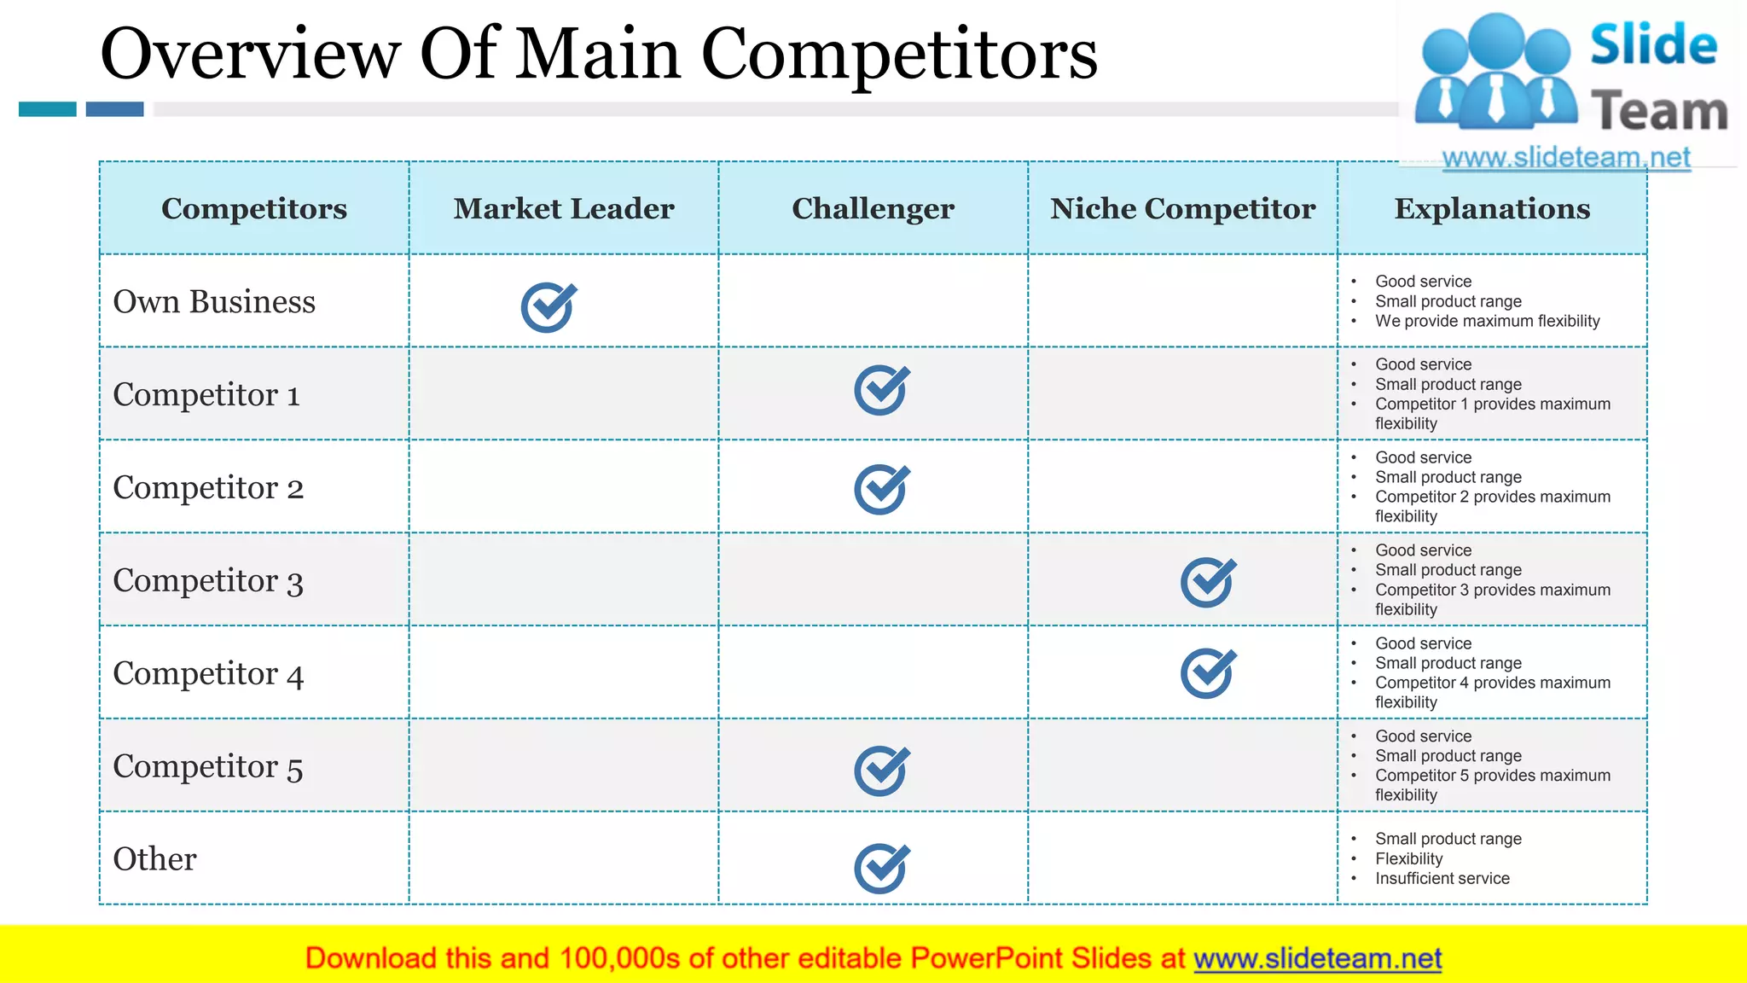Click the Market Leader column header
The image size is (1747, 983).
(564, 208)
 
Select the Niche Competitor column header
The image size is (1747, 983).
(1182, 208)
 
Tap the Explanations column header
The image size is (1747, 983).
(1492, 208)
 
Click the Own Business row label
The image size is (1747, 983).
(214, 301)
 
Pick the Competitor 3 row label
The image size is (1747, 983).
(208, 580)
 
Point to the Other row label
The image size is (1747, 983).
(154, 858)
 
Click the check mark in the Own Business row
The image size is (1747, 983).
(548, 307)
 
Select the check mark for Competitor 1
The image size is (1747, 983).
(881, 390)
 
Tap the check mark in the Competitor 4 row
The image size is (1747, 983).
(1208, 673)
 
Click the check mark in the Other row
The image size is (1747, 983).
(881, 868)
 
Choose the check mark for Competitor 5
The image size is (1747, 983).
(881, 771)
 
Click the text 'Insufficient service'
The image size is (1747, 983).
(1442, 878)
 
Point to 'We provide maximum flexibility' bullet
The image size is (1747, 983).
(1487, 321)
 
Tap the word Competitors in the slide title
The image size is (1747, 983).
(899, 54)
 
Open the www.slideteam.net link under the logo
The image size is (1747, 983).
(1565, 158)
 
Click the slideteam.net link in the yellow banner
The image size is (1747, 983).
(1317, 958)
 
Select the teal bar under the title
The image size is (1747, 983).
(48, 109)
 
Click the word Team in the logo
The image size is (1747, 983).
(1658, 111)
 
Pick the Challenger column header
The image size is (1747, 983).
(873, 208)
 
